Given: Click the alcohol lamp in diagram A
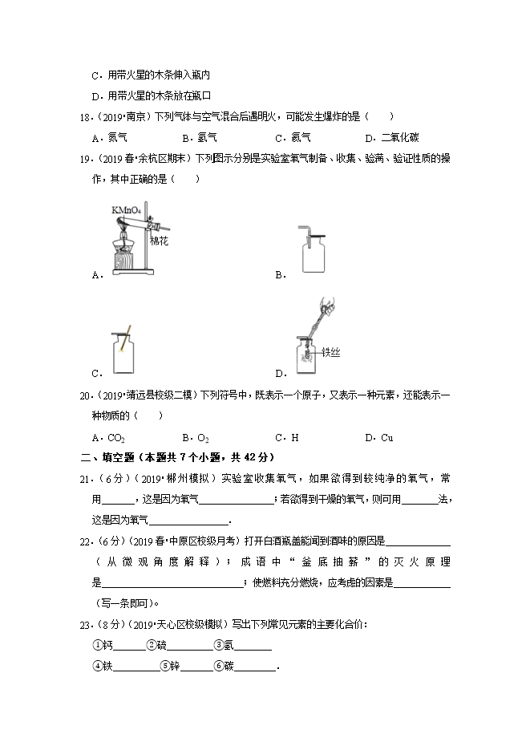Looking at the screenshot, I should pyautogui.click(x=123, y=254).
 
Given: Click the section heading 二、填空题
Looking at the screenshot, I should pyautogui.click(x=108, y=457).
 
